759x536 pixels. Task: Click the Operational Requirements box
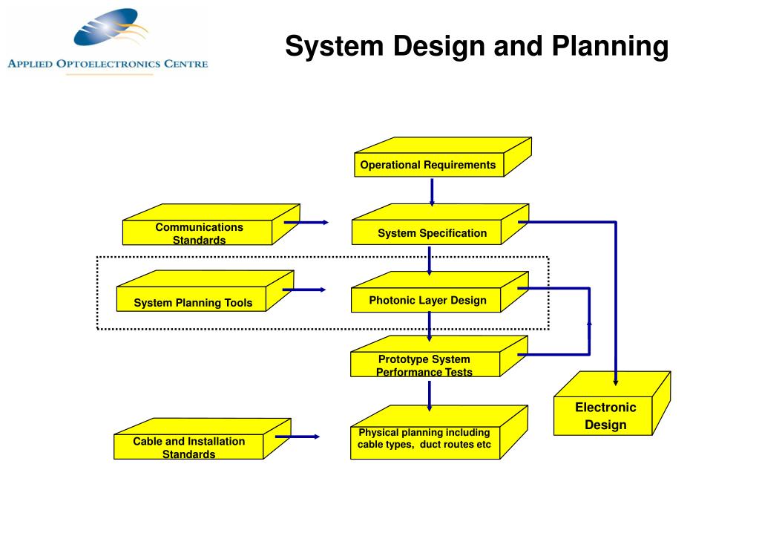tap(428, 165)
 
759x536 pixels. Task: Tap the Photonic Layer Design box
tap(427, 300)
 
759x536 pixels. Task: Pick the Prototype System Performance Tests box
tap(424, 365)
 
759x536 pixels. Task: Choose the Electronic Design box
tap(605, 416)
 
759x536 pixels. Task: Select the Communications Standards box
tap(199, 233)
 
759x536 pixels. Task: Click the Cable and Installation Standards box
tap(188, 447)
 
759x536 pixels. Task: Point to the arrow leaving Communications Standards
tap(305, 222)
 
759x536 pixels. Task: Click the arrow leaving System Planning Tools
tap(303, 290)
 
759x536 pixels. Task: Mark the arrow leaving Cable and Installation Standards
tap(297, 437)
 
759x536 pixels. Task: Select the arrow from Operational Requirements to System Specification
tap(431, 192)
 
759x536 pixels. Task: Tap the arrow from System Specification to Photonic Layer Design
tap(430, 260)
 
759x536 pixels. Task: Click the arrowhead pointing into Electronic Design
tap(616, 380)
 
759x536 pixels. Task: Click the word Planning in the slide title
tap(610, 47)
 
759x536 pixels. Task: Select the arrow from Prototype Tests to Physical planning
tap(430, 395)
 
